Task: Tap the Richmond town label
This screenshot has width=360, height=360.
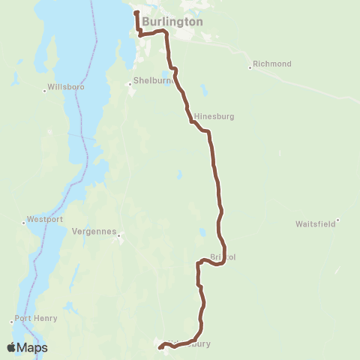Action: click(x=272, y=64)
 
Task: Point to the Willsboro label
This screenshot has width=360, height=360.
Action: click(x=65, y=87)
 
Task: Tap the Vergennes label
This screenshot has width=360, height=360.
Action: click(x=94, y=232)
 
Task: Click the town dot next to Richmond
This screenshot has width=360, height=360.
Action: click(x=250, y=67)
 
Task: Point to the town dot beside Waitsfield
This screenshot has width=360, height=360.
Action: click(x=338, y=220)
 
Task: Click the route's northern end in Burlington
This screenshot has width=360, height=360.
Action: click(x=136, y=13)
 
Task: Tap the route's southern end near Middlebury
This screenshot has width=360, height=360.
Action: click(x=159, y=347)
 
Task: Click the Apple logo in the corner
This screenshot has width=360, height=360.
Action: click(x=11, y=347)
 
